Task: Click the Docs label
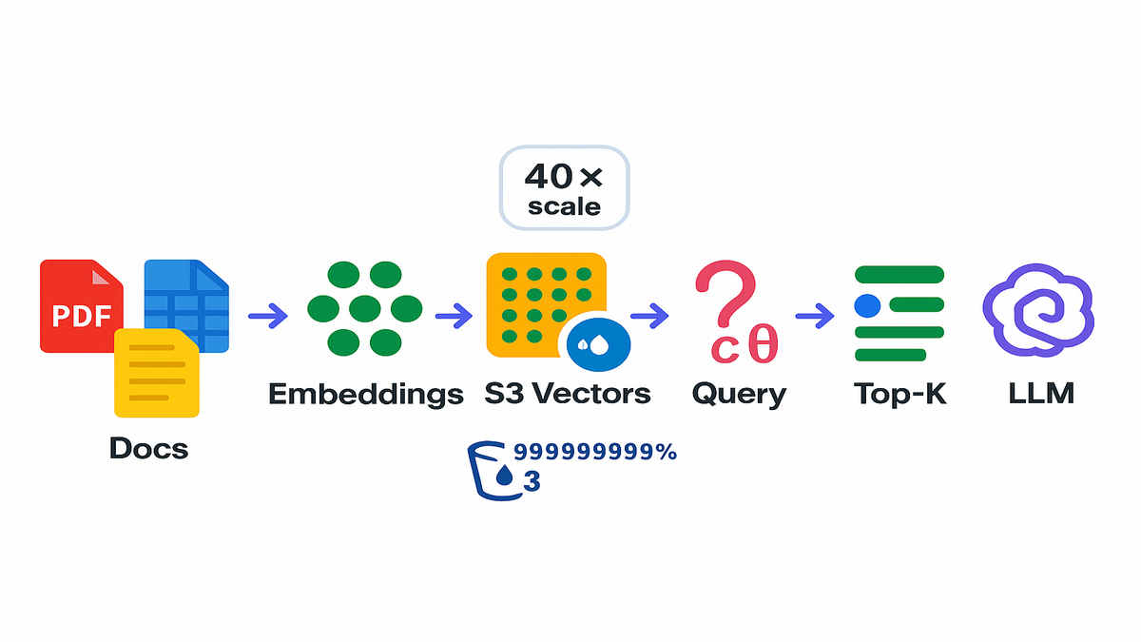point(149,447)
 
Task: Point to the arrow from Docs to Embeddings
point(267,315)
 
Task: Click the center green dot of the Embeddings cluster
point(365,308)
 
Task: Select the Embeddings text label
point(365,393)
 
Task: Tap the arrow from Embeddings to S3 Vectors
point(454,315)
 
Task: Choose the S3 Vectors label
point(568,393)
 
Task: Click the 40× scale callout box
point(565,187)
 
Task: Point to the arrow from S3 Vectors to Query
point(649,315)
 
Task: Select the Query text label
point(739,394)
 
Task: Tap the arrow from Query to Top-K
point(815,315)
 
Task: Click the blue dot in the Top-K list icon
point(867,305)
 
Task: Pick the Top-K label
point(899,393)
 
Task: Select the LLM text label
point(1041,393)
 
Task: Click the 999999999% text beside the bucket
point(594,453)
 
